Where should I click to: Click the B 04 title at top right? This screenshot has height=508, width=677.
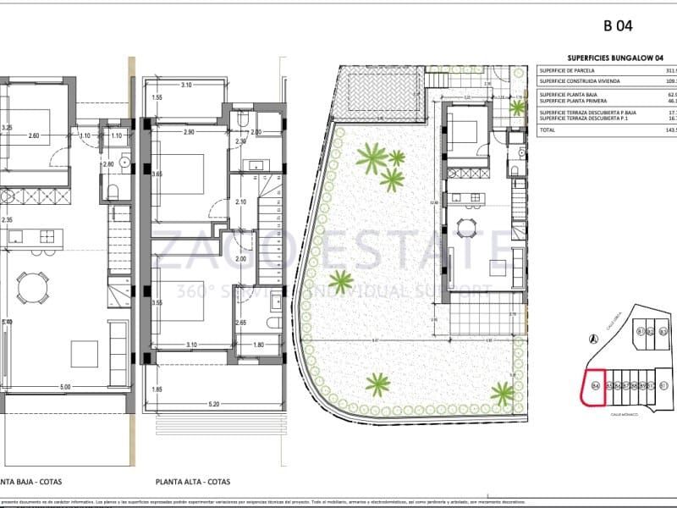click(x=618, y=26)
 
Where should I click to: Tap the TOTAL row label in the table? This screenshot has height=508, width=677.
click(x=548, y=130)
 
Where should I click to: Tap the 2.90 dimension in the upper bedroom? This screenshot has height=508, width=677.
click(x=189, y=133)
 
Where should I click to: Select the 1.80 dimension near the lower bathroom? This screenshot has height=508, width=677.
click(x=260, y=345)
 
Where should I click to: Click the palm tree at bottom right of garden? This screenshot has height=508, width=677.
click(x=503, y=393)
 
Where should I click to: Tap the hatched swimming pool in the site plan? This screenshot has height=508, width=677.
click(x=379, y=94)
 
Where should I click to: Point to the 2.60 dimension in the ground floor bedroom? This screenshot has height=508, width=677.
click(x=34, y=135)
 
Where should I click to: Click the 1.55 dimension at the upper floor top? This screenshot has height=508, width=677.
click(x=157, y=98)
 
